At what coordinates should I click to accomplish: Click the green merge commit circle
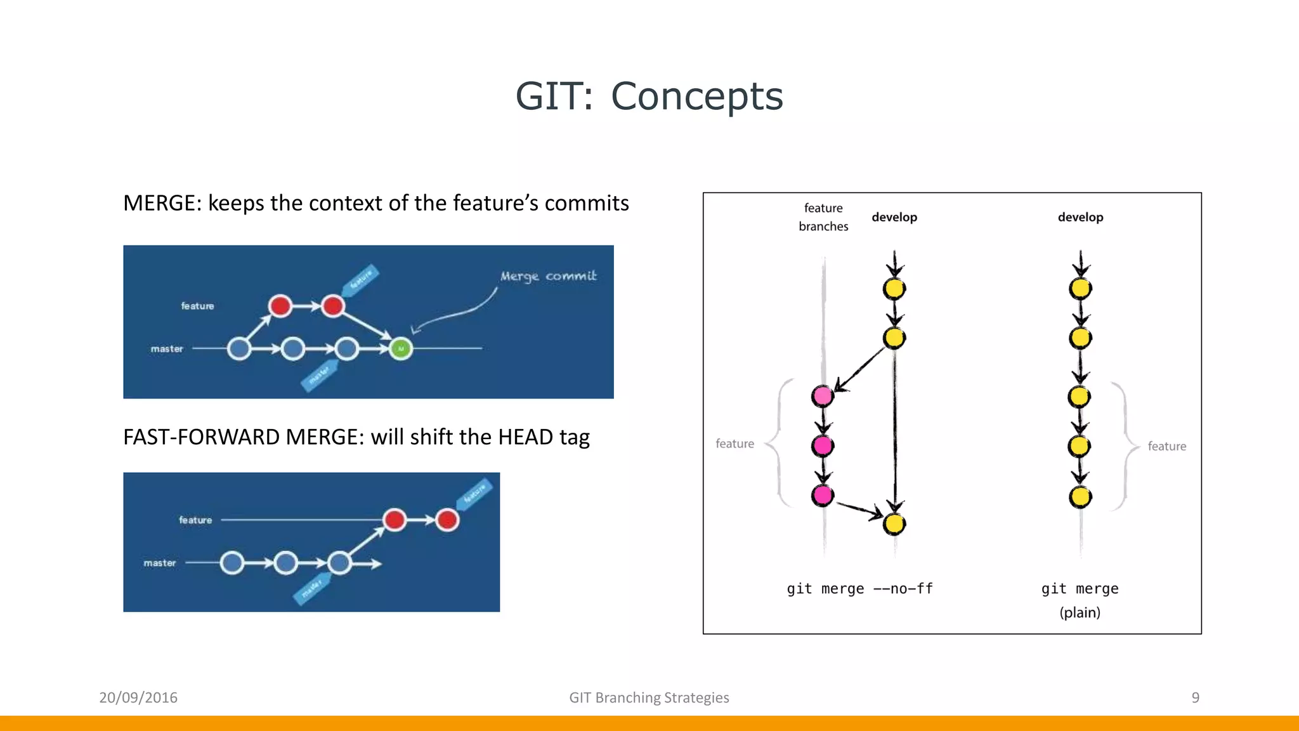401,348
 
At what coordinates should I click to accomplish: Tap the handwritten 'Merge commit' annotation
548,276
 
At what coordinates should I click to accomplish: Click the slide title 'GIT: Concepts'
649,96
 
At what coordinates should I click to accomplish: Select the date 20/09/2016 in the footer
138,697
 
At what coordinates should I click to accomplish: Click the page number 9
1195,697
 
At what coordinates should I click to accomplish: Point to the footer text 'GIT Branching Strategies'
649,697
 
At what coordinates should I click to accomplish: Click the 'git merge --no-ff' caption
859,589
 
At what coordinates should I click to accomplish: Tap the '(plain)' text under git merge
1080,612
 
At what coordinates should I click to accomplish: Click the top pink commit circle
823,397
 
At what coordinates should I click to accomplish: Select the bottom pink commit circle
823,495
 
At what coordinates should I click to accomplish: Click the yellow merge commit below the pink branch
894,524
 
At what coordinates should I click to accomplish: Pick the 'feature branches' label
823,217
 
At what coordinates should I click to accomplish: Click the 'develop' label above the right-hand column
1080,217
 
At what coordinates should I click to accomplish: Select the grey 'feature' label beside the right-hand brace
1166,446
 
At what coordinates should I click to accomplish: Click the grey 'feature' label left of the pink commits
734,444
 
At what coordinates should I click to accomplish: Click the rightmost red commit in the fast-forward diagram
447,520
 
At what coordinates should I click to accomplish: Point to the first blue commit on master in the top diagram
239,348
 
